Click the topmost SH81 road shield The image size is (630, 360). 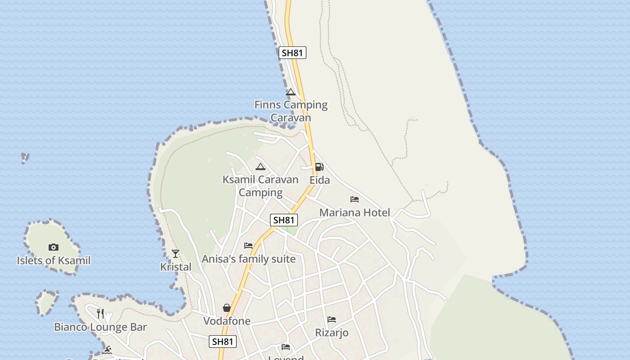[292, 53]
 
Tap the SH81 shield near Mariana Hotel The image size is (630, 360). [284, 220]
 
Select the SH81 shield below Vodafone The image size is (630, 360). [223, 342]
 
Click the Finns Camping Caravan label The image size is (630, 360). [291, 111]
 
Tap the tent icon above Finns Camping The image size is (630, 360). [291, 92]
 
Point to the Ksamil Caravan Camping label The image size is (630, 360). [261, 186]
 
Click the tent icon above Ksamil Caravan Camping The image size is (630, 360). [261, 167]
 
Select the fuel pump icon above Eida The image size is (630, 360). [319, 167]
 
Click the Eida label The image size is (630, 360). [319, 180]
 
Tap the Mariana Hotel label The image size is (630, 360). [355, 212]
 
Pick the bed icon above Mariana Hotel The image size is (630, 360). [355, 199]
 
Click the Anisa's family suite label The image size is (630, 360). [248, 259]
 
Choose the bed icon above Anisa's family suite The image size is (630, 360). [248, 246]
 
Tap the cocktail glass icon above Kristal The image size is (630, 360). [175, 254]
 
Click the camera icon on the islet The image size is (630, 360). [54, 247]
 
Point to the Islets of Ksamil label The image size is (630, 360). [54, 261]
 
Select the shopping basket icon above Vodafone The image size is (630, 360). [227, 308]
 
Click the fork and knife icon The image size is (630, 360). [100, 313]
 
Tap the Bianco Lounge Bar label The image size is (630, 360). [100, 327]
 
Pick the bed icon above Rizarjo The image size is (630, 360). [332, 319]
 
